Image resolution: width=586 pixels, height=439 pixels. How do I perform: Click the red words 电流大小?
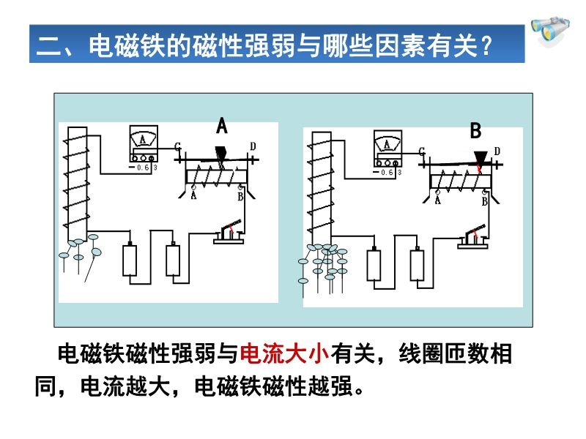pos(285,353)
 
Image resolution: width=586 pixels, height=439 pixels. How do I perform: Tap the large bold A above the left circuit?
pos(222,126)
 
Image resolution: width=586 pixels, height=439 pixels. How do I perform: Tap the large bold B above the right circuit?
pos(475,131)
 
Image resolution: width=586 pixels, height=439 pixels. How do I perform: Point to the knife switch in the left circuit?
pos(229,232)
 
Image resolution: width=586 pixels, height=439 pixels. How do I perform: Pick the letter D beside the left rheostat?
pos(253,146)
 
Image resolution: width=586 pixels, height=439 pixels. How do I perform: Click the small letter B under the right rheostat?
pos(486,200)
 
